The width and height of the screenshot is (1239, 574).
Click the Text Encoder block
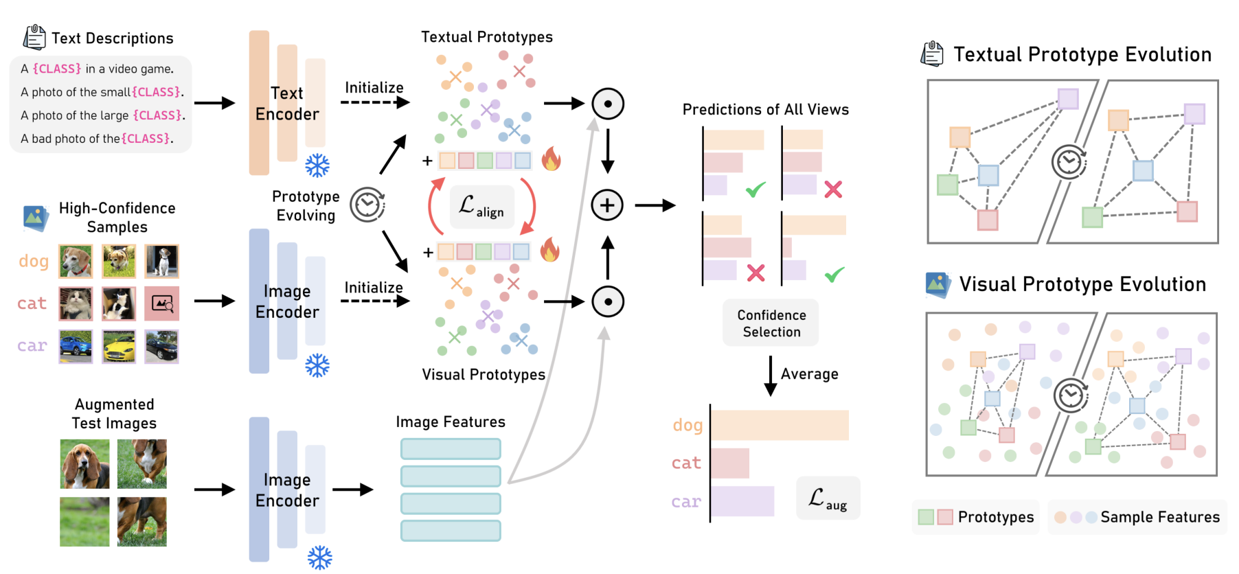(286, 103)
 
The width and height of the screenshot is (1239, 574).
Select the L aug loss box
(828, 498)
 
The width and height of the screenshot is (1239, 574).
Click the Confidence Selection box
(771, 323)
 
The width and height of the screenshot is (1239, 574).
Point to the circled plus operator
(607, 205)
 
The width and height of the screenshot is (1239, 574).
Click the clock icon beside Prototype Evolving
(367, 205)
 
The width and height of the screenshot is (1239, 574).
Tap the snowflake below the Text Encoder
(317, 165)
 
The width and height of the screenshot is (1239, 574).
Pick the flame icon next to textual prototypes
(551, 159)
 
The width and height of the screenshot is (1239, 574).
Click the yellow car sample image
(119, 346)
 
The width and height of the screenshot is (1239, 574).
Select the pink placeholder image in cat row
(162, 303)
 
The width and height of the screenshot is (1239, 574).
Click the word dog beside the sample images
(34, 261)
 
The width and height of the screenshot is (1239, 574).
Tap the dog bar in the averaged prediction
(780, 425)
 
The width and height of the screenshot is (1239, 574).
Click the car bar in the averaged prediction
(742, 501)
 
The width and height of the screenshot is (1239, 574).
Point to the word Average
(809, 374)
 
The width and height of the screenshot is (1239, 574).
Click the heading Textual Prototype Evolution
(1082, 54)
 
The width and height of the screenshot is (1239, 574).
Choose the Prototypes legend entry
(976, 517)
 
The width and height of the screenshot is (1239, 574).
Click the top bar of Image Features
(451, 449)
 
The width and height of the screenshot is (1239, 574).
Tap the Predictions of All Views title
(765, 110)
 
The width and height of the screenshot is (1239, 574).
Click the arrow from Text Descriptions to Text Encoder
(214, 103)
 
